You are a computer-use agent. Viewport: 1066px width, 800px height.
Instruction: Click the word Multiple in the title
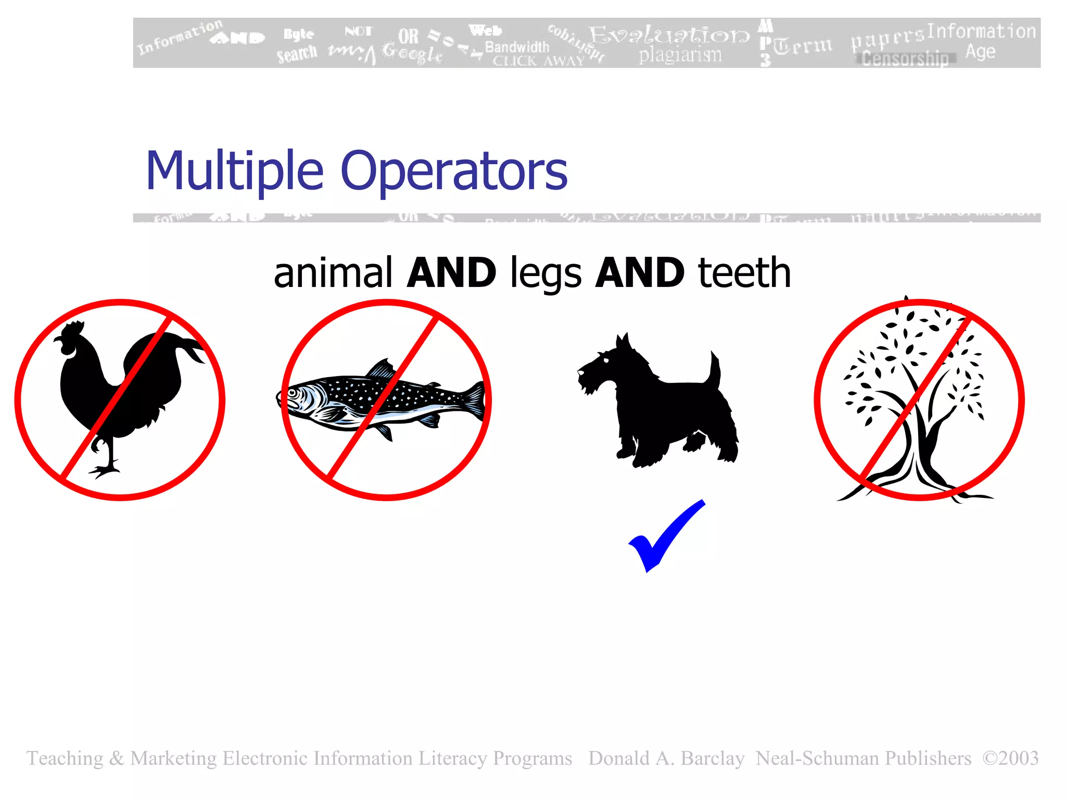(x=234, y=171)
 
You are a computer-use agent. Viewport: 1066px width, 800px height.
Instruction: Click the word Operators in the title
(x=454, y=171)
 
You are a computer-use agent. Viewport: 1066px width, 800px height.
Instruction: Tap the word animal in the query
(x=333, y=273)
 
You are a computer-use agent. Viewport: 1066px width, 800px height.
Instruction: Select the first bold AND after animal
(x=451, y=273)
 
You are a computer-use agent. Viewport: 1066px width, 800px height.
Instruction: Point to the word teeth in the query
(x=744, y=273)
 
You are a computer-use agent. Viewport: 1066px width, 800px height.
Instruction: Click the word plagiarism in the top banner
(x=680, y=55)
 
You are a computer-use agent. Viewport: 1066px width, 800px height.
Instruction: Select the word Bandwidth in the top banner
(x=517, y=47)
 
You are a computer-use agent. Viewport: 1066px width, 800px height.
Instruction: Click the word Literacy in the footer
(x=452, y=758)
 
